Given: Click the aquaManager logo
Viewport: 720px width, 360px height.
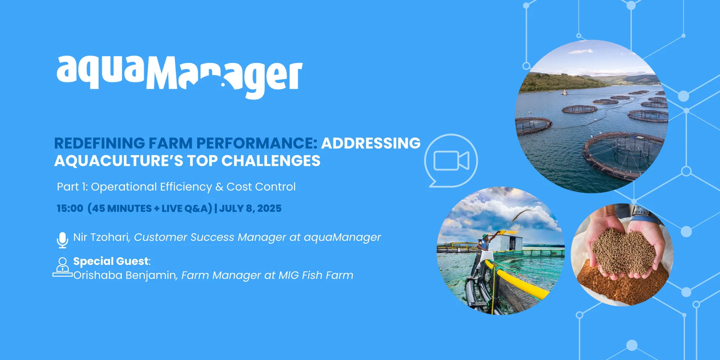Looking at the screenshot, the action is pos(180,77).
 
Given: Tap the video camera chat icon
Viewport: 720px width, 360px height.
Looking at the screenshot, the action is pos(451,160).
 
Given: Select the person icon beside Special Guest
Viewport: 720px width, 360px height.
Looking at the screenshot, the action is pos(63,267).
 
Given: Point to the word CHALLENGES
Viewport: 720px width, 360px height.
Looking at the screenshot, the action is pos(271,160).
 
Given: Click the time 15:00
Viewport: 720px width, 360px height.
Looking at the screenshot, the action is pos(70,208).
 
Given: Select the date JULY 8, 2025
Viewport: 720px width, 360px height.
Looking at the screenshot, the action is pos(250,208).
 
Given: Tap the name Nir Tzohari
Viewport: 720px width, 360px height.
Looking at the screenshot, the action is pos(101,237).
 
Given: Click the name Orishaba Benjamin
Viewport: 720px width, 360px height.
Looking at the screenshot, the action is pos(124,275).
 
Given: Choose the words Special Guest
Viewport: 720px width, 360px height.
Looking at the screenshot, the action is pos(111,261).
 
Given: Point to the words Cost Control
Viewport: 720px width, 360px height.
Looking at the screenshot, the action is pos(261,186).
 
